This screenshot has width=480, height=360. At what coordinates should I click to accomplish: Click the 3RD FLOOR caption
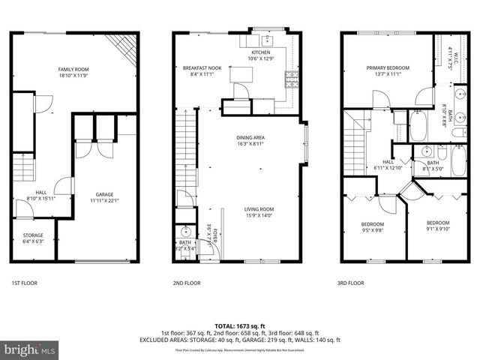(x=351, y=283)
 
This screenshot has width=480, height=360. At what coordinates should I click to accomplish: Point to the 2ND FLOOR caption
(x=187, y=283)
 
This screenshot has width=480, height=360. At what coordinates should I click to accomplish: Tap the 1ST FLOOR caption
(x=24, y=283)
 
